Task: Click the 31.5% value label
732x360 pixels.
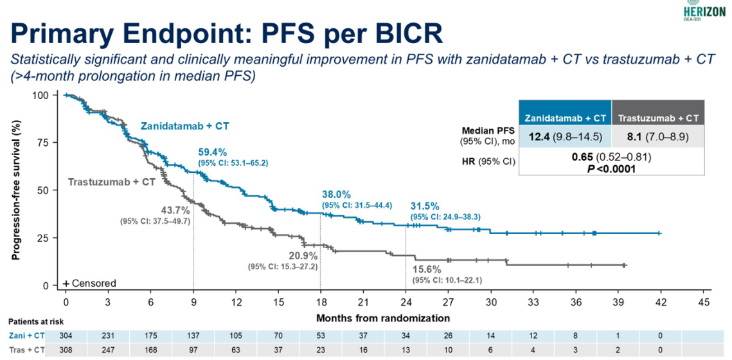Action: (x=425, y=206)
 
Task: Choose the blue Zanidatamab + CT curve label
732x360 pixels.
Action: (x=185, y=126)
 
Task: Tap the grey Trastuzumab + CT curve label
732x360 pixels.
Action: (x=112, y=182)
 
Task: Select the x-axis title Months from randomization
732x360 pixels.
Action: (x=383, y=318)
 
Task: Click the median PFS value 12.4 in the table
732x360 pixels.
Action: (x=540, y=136)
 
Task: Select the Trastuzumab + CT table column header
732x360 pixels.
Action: (x=659, y=118)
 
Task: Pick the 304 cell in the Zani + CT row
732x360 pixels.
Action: (x=66, y=334)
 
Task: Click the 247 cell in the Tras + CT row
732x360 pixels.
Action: (x=108, y=350)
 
